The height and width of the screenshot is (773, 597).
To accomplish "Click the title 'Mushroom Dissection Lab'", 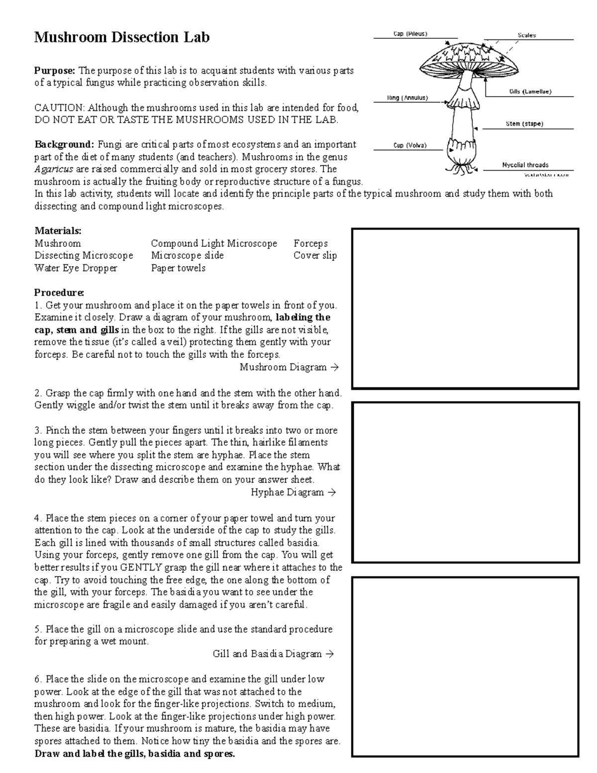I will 121,37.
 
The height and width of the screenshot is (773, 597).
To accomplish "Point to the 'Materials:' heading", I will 58,231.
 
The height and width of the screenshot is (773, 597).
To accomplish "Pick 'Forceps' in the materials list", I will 310,243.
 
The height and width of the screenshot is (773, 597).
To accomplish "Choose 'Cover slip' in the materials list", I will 315,255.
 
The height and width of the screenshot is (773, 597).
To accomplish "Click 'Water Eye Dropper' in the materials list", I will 76,268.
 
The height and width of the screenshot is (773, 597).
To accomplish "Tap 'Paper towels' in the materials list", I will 178,268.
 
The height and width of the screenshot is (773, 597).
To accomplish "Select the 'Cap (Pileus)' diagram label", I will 410,34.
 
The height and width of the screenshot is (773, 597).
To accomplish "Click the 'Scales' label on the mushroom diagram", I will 527,35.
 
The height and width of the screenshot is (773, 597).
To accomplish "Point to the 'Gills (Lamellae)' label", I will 530,92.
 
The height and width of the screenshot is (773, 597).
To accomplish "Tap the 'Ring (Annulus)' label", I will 407,98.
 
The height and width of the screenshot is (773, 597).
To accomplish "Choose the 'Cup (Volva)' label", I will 410,145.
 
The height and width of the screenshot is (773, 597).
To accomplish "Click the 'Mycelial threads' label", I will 525,165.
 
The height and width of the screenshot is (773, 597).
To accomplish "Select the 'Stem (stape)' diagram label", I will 524,123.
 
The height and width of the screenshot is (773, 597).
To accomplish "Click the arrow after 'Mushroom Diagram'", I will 334,367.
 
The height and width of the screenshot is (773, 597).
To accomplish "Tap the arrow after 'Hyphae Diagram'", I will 332,492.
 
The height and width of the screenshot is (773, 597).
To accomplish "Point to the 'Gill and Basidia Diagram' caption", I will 267,654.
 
